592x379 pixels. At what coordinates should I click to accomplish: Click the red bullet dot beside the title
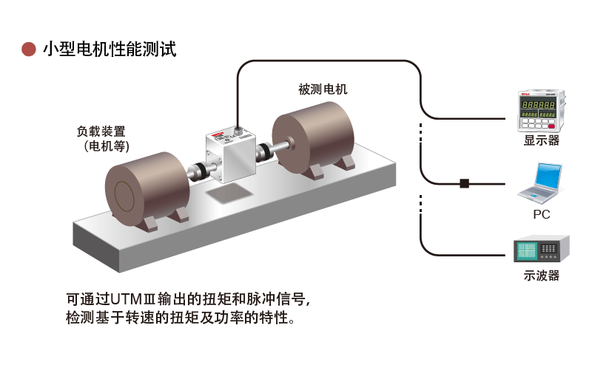29,49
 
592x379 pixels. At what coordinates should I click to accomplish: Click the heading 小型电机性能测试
109,49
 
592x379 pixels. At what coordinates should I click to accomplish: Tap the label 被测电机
322,89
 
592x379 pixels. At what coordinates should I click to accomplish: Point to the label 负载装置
101,131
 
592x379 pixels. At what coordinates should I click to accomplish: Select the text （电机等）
107,146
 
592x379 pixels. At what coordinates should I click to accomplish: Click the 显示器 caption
541,140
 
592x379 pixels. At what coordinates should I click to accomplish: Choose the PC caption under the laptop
541,215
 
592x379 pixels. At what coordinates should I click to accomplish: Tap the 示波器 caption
541,276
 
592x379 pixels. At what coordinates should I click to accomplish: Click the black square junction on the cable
465,182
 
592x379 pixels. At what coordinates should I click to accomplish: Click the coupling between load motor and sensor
198,171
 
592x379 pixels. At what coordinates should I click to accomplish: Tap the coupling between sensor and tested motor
263,152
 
